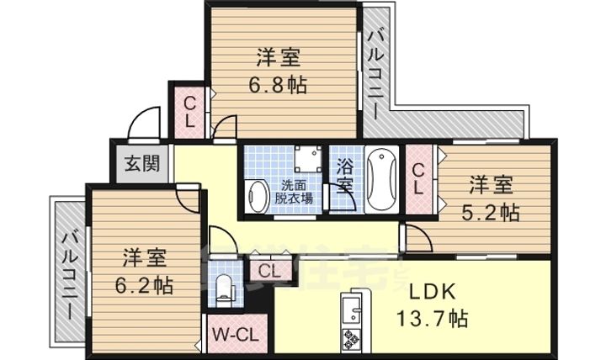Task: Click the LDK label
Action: (x=432, y=293)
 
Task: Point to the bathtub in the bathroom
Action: (x=382, y=180)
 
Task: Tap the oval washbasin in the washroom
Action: (x=258, y=195)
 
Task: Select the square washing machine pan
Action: (x=305, y=160)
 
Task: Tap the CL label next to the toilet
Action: (x=268, y=271)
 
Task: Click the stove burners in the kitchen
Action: (x=350, y=341)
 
